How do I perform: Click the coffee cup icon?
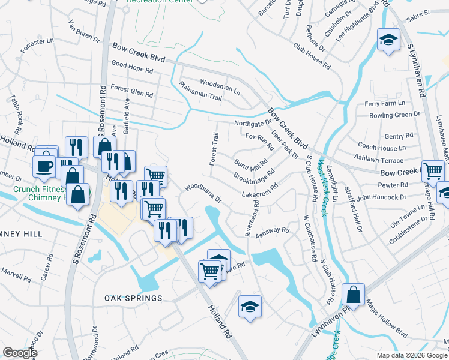coord(45,164)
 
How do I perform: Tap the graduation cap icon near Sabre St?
coord(388,41)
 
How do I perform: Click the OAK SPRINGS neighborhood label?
coord(133,298)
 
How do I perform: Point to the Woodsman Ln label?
coord(220,86)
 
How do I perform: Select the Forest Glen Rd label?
coord(132,92)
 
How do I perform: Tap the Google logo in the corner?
coord(20,352)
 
